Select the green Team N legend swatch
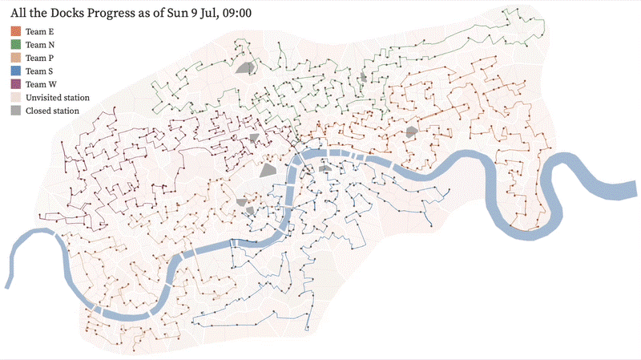click(x=15, y=45)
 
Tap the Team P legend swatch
click(x=15, y=59)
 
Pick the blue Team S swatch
click(x=15, y=71)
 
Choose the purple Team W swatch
click(x=15, y=84)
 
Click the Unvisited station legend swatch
click(x=15, y=97)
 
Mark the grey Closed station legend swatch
click(x=15, y=111)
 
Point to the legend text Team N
click(x=40, y=45)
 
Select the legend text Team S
click(x=40, y=71)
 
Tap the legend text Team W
click(x=41, y=84)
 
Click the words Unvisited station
click(x=58, y=97)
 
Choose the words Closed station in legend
click(x=52, y=111)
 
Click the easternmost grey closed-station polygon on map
click(x=412, y=131)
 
